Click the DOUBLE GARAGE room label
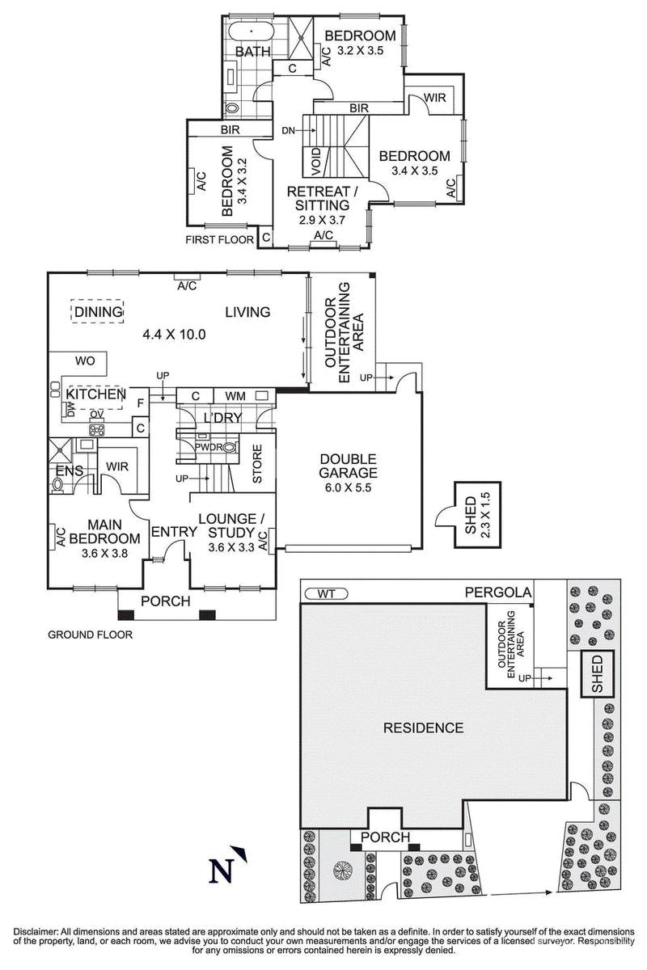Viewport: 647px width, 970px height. (x=348, y=465)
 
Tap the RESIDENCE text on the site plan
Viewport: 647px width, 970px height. (x=423, y=727)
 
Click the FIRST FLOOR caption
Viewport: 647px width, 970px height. (x=219, y=239)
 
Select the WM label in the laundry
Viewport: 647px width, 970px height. (x=235, y=395)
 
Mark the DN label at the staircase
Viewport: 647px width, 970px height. (x=289, y=129)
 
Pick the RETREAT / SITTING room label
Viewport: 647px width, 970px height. (x=323, y=199)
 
